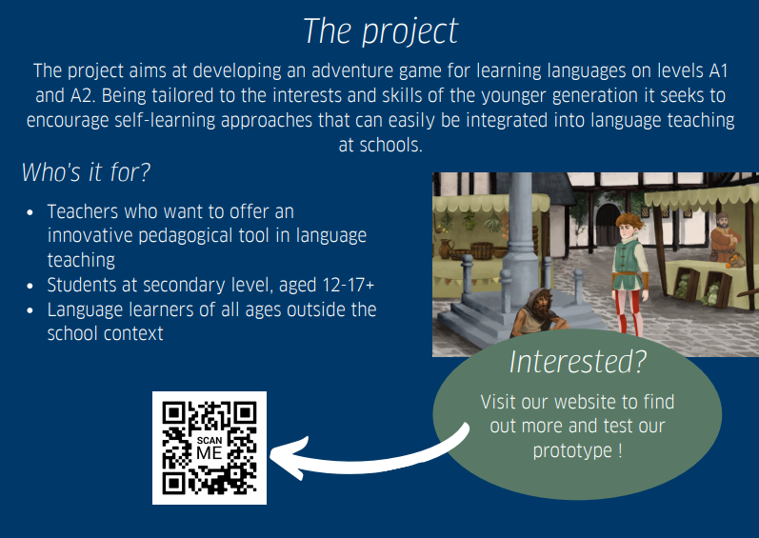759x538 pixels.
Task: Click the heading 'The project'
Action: pyautogui.click(x=380, y=30)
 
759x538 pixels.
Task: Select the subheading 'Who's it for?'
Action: pyautogui.click(x=86, y=173)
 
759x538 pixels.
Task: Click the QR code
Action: pyautogui.click(x=210, y=448)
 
